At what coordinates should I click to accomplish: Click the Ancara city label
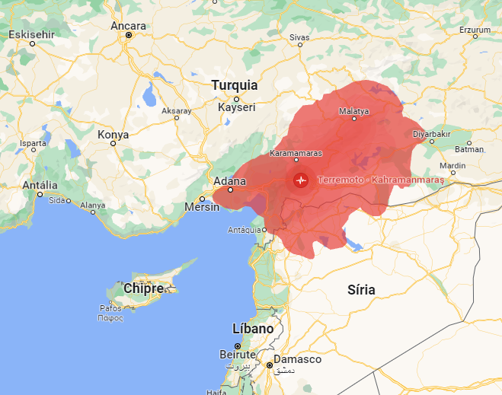[x=128, y=26]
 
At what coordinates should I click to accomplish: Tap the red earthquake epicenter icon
[x=301, y=180]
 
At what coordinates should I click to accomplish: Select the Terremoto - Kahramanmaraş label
[x=381, y=180]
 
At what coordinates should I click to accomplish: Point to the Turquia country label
[x=235, y=85]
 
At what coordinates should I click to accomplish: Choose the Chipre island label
[x=143, y=289]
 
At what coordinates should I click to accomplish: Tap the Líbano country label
[x=252, y=328]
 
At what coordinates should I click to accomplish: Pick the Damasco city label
[x=298, y=359]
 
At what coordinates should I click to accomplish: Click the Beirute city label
[x=237, y=355]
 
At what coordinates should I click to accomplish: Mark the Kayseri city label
[x=236, y=107]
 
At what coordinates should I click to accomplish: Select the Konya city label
[x=114, y=135]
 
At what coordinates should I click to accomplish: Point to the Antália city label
[x=40, y=185]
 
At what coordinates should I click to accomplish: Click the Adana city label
[x=230, y=181]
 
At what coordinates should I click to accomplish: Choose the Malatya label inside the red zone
[x=353, y=111]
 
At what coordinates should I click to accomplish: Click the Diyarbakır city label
[x=433, y=133]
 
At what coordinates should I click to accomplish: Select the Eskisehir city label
[x=32, y=34]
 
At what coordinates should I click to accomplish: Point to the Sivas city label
[x=300, y=37]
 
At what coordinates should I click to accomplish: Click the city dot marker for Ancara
[x=129, y=35]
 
